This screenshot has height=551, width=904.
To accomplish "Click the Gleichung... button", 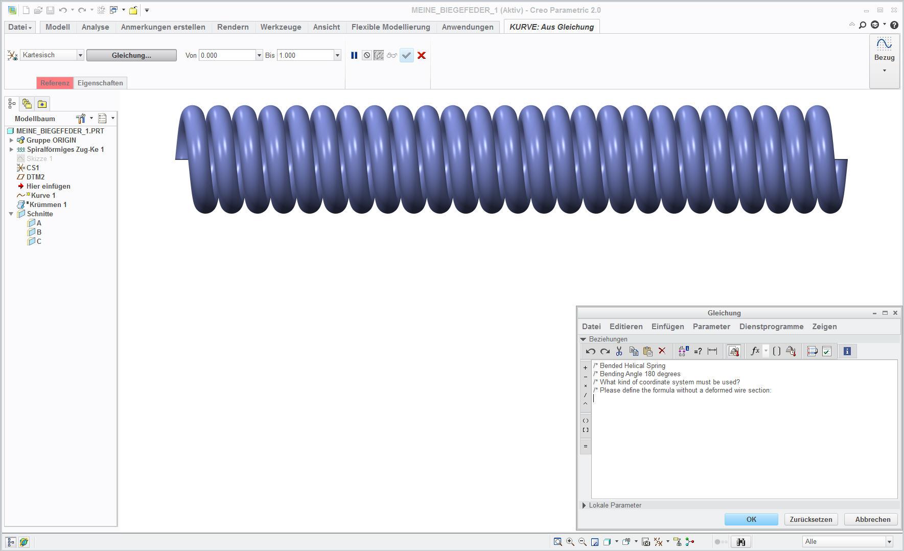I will (131, 55).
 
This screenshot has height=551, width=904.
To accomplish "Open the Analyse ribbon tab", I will (95, 27).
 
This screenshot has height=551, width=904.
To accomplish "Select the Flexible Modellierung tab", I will (390, 27).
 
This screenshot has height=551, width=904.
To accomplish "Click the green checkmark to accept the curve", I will (406, 55).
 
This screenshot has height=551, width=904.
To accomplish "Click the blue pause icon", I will (354, 55).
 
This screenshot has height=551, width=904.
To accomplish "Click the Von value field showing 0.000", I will (227, 55).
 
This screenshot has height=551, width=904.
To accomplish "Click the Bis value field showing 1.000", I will (305, 55).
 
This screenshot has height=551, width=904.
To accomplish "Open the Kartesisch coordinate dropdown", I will (80, 55).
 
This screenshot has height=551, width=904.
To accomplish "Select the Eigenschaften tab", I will (100, 83).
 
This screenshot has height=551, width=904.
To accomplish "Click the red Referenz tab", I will (55, 83).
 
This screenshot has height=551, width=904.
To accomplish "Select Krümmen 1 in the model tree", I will (48, 204).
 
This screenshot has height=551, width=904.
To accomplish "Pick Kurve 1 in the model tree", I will (43, 195).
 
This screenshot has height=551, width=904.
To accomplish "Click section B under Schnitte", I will (39, 232).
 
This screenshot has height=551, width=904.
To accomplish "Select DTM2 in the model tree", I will (35, 177).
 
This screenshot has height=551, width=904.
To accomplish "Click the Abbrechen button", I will (872, 519).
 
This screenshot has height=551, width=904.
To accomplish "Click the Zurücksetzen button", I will (810, 519).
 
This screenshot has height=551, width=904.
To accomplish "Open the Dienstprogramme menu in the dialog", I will (771, 327).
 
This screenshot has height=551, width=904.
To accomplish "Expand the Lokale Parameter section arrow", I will (584, 505).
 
